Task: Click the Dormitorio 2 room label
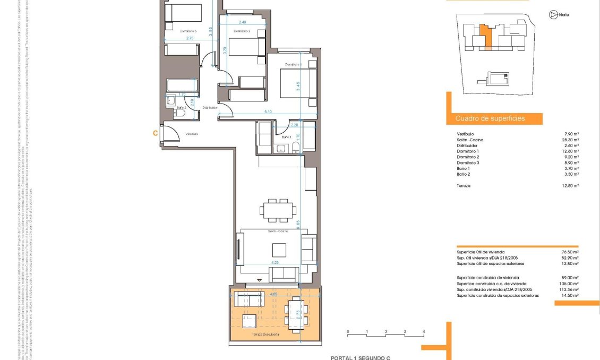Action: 242,31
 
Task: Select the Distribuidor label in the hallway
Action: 210,108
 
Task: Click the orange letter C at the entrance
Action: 155,134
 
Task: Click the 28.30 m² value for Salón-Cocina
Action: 571,140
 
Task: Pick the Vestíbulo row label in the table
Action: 465,134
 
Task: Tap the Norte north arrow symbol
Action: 553,15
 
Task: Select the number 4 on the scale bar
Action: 423,332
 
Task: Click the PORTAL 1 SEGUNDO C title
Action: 360,358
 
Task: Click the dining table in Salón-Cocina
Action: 278,210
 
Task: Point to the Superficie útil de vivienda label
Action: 481,252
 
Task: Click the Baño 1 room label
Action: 287,137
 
